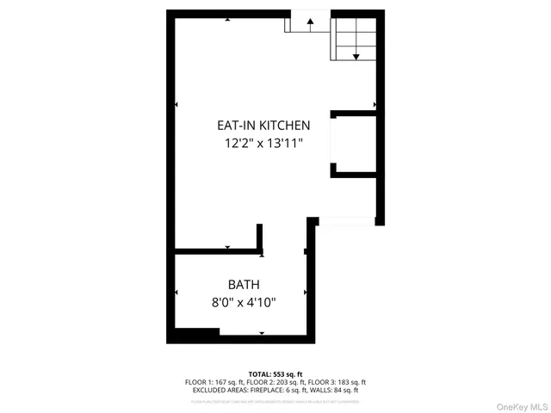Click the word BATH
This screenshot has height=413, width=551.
(x=244, y=285)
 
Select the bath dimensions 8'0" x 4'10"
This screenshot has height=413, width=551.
(x=244, y=302)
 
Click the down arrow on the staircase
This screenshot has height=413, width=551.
(x=355, y=57)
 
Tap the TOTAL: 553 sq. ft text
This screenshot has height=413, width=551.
(x=275, y=373)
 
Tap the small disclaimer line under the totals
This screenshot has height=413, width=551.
(x=275, y=400)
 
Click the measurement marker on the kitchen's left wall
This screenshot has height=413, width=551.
(x=176, y=105)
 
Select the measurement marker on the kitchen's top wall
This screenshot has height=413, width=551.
(x=227, y=17)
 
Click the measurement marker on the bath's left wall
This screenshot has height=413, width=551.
(x=176, y=293)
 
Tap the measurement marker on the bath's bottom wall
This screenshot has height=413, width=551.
(x=262, y=333)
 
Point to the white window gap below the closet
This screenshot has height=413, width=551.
(x=347, y=221)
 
